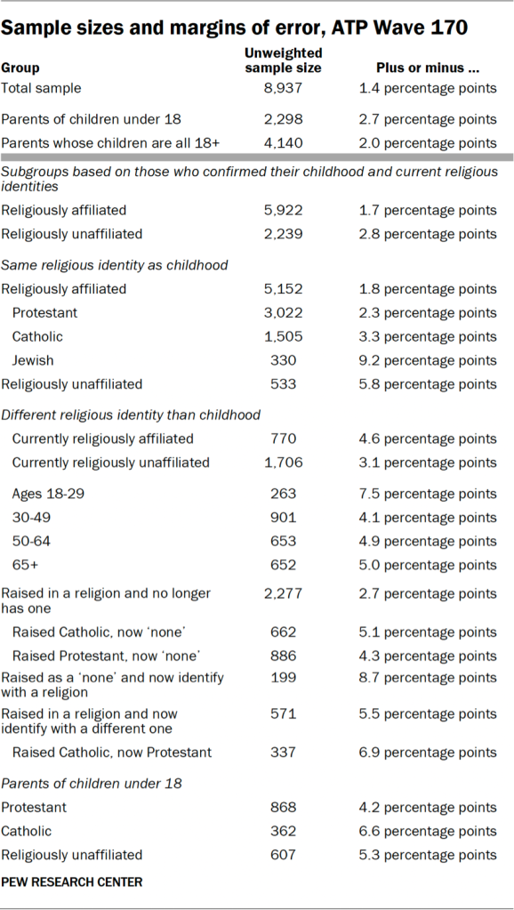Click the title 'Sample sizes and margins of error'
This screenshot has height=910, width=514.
[234, 27]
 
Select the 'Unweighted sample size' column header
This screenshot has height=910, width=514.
[282, 60]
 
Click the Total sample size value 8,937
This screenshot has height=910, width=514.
[282, 88]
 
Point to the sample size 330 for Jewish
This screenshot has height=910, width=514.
[282, 360]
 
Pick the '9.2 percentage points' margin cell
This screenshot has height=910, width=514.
[428, 360]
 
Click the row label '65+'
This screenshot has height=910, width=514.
[23, 565]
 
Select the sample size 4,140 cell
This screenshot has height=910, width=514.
[282, 143]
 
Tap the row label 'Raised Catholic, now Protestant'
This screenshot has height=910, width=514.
[112, 753]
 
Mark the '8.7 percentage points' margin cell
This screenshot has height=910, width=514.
[428, 678]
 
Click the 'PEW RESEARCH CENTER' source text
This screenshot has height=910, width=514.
[72, 882]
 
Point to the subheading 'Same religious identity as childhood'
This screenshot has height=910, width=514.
[115, 264]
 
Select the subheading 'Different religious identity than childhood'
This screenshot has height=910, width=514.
[131, 415]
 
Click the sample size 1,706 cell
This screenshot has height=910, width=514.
[282, 463]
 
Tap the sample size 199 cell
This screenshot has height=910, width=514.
[282, 678]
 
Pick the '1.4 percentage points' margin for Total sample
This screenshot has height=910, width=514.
[428, 88]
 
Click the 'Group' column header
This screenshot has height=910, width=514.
[20, 68]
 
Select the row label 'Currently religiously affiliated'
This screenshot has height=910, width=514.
[102, 439]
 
